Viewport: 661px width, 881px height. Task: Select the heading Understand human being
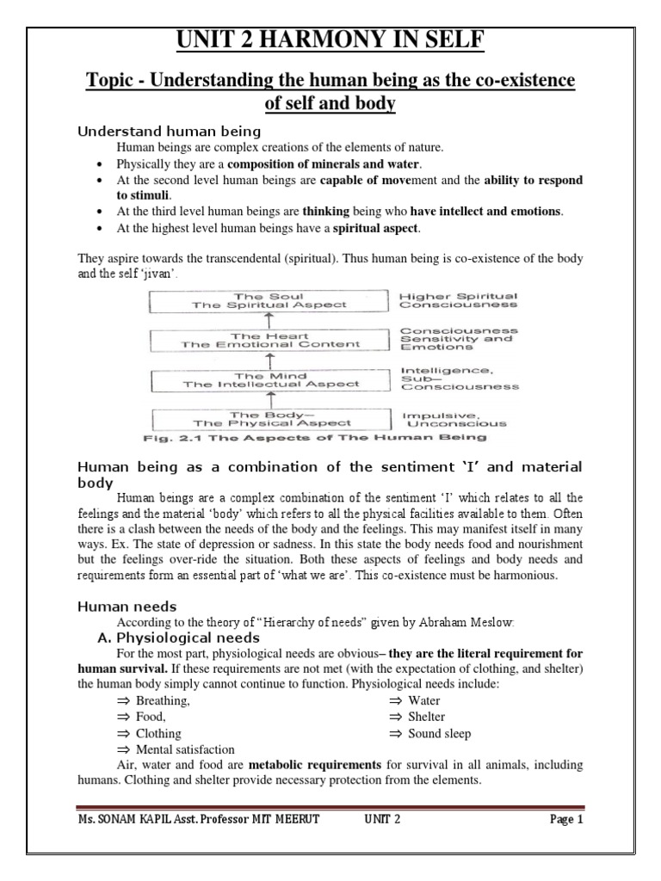pos(170,132)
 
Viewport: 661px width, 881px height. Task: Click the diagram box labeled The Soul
pos(268,299)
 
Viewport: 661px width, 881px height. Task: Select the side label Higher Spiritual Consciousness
pos(458,299)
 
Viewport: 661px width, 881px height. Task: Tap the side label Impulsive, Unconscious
pos(454,419)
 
